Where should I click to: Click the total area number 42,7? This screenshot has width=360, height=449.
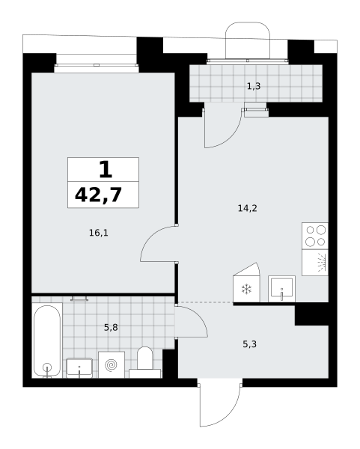point(98,195)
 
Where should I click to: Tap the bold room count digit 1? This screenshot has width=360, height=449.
point(106,170)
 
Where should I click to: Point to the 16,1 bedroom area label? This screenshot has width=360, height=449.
point(99,233)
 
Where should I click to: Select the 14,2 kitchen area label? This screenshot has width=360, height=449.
point(248,208)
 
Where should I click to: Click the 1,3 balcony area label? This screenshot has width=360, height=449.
point(254,86)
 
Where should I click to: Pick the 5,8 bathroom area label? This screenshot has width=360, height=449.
point(111,327)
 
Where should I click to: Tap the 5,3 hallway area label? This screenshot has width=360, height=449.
point(250,344)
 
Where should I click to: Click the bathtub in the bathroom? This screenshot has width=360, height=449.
point(47,340)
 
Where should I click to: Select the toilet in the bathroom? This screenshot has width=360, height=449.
point(145,363)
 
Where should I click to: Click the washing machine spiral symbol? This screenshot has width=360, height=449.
point(112,365)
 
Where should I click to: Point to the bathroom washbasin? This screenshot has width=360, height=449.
point(79,368)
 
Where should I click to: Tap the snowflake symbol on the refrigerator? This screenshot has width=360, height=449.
point(246,289)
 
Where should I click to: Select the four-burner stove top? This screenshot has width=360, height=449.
point(315,236)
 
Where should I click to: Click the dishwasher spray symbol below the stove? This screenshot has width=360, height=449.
point(323,262)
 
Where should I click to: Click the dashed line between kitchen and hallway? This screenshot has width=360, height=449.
point(206,302)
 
